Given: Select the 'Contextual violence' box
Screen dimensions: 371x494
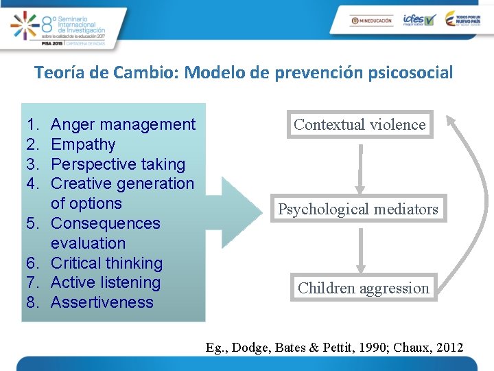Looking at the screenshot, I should click(360, 125).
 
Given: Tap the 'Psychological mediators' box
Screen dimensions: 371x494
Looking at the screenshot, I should click(357, 210).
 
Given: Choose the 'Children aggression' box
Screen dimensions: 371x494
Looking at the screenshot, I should click(363, 289).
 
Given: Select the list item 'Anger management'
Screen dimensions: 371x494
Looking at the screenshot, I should click(123, 124).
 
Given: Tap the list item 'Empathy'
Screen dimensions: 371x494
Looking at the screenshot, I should click(83, 144).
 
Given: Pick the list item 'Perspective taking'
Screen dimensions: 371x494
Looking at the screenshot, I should click(118, 164).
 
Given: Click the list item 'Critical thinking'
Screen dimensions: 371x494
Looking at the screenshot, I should click(106, 263).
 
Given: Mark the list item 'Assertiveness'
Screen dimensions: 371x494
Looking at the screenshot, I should click(102, 302).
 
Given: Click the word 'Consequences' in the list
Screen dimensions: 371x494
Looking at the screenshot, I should click(105, 223).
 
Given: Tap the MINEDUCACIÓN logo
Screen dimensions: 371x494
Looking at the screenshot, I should click(371, 21).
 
